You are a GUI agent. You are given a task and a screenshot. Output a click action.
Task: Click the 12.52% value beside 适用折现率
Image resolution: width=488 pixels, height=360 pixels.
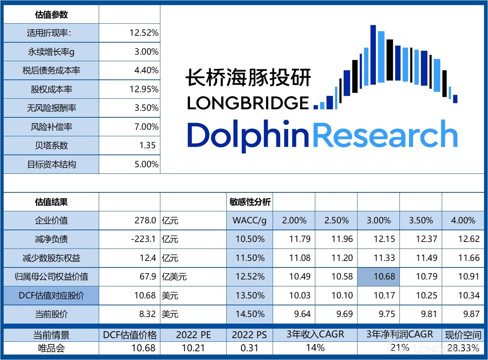144,33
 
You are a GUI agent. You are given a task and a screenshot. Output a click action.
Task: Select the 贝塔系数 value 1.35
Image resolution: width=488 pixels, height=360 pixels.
147,145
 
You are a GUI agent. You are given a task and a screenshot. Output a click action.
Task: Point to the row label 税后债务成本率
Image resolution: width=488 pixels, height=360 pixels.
51,70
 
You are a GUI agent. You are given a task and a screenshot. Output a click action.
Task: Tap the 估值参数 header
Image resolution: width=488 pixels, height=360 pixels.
51,15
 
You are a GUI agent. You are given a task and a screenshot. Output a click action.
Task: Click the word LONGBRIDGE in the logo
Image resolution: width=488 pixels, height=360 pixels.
248,103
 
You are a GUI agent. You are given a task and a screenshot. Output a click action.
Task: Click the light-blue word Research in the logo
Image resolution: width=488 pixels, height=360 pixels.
385,135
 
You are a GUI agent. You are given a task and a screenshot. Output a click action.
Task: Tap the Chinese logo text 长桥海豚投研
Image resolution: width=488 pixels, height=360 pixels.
248,78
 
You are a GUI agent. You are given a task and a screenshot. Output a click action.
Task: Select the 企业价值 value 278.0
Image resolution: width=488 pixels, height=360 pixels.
145,220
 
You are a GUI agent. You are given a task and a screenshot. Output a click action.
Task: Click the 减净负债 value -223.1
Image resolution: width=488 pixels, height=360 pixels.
143,239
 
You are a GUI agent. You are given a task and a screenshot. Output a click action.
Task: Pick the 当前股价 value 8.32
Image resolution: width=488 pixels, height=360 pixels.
147,314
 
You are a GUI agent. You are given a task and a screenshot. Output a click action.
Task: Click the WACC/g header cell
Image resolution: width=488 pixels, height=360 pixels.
250,220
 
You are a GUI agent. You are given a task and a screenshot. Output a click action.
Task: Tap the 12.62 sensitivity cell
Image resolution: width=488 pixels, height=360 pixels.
469,239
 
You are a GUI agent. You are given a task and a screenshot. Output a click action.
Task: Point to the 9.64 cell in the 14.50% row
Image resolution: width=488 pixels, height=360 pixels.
302,314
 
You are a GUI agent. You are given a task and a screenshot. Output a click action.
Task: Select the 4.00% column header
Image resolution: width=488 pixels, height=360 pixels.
463,220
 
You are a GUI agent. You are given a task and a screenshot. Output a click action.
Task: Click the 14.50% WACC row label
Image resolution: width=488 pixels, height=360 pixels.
250,314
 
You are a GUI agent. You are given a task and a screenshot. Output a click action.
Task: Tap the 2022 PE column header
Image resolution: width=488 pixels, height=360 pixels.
193,335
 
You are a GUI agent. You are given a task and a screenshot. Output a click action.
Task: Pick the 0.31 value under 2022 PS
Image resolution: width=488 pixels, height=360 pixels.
249,348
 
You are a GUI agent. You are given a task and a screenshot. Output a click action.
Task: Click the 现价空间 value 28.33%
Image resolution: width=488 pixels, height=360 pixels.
463,348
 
